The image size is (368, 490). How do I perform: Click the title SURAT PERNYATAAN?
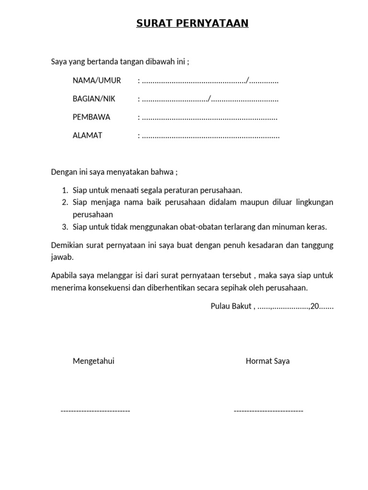point(192,23)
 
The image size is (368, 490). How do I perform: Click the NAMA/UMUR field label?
point(96,80)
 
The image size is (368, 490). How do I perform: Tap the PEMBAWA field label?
point(91,117)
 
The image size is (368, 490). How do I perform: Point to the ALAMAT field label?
point(87,135)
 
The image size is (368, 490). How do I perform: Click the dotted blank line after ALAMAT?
point(211,136)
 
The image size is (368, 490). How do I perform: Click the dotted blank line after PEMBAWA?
point(210,118)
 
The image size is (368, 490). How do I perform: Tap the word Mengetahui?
point(93,361)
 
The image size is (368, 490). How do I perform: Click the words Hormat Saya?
point(267,361)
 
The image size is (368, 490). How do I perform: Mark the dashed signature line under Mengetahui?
point(95,411)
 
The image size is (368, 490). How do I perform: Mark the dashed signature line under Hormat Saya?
point(268,411)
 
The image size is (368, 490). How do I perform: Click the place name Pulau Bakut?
point(231,306)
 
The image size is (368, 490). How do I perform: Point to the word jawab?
point(62,257)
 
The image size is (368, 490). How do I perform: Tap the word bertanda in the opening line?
point(102,62)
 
